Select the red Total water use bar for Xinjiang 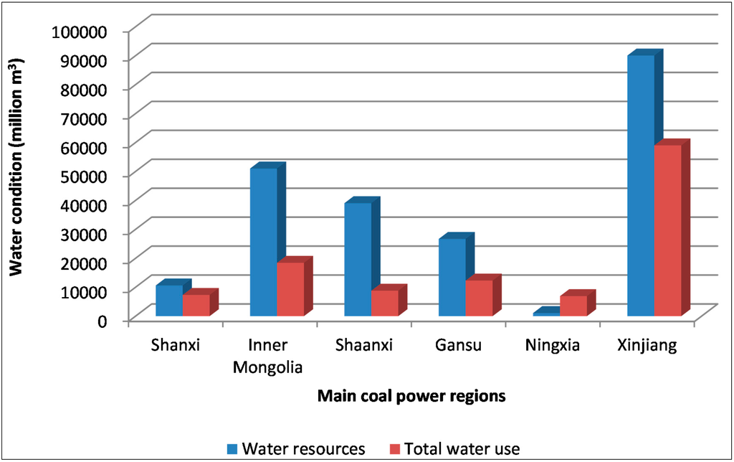(x=667, y=230)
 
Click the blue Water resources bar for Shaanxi (x=358, y=259)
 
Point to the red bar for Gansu (x=479, y=298)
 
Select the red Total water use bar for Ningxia (x=573, y=306)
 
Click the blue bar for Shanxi (x=169, y=301)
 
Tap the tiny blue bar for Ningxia (x=546, y=314)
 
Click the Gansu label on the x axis (x=459, y=346)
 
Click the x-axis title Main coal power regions (x=412, y=396)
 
